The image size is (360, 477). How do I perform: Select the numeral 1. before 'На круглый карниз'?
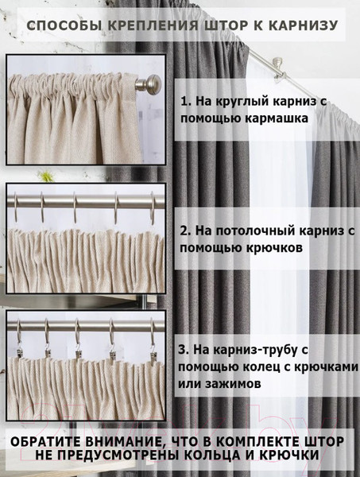[x=185, y=101]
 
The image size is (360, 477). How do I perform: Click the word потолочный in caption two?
[x=250, y=231]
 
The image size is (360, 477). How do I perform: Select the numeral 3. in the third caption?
[x=184, y=350]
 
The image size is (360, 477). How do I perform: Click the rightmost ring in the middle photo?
[x=153, y=207]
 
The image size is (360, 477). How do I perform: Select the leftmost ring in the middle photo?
[x=16, y=206]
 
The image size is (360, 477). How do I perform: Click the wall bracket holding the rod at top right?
[x=277, y=70]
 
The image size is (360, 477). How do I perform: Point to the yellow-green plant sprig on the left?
[x=47, y=176]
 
